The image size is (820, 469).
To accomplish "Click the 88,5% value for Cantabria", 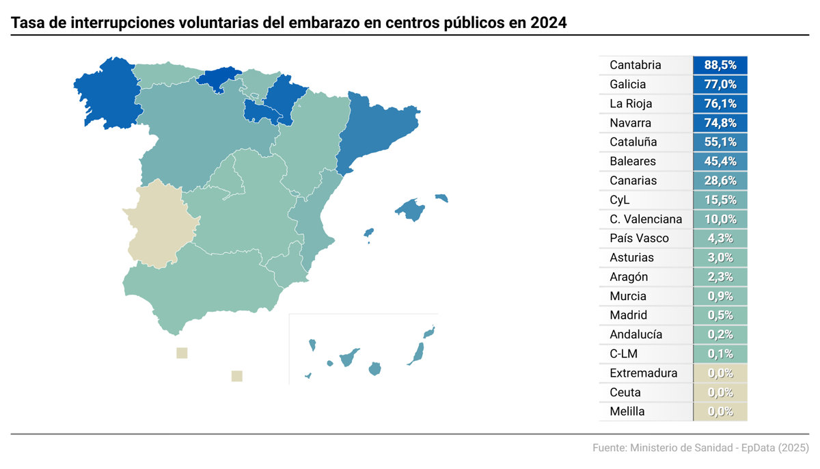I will [x=720, y=66].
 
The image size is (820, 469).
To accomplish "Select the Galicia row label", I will [x=627, y=85].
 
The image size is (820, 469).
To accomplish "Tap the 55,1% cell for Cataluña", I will [x=720, y=142].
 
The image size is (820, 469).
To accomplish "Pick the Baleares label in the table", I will [x=632, y=161].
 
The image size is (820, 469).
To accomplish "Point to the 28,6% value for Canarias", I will [x=720, y=180].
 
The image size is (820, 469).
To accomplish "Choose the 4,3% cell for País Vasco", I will [x=720, y=239].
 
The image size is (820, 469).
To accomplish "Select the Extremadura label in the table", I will [x=643, y=373].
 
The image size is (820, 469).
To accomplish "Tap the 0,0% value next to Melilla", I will [x=720, y=412].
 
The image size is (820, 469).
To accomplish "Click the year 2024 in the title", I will [x=548, y=23].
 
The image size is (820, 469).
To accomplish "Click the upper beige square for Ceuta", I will [x=182, y=353].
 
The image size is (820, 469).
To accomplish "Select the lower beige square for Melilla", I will [x=237, y=375].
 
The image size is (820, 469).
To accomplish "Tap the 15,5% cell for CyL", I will [x=720, y=200].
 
